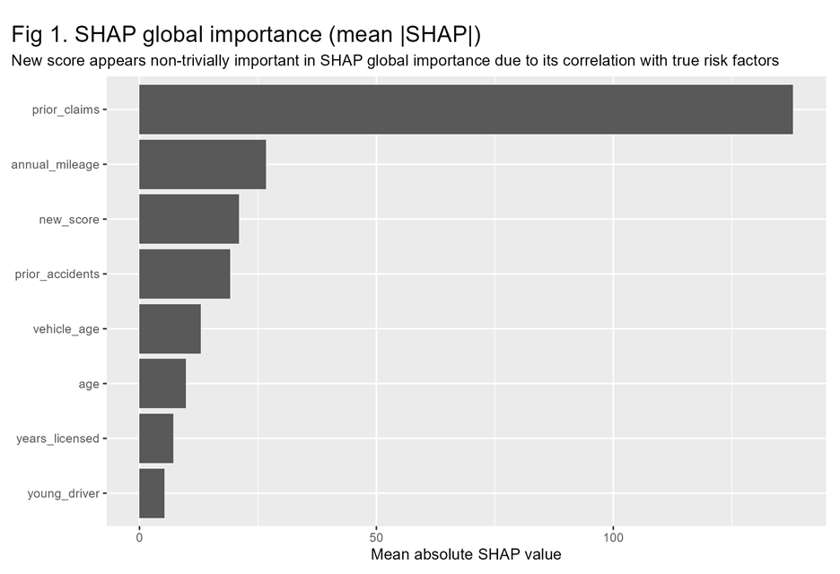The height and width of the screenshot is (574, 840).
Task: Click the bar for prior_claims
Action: [466, 109]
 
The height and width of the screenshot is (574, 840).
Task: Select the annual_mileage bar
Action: [202, 164]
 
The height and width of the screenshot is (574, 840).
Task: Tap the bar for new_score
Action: [188, 219]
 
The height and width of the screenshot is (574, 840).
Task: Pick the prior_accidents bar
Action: [184, 274]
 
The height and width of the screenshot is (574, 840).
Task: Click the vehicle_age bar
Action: [170, 328]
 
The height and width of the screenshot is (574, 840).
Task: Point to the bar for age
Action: [162, 383]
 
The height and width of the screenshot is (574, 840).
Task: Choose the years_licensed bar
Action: [156, 438]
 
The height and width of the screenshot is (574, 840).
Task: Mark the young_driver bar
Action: [152, 492]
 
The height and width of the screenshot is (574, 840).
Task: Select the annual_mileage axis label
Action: [55, 165]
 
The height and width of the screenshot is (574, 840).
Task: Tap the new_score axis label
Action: [69, 220]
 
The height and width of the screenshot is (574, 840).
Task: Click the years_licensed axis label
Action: [57, 439]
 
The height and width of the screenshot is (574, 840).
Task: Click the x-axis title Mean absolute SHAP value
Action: [466, 554]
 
